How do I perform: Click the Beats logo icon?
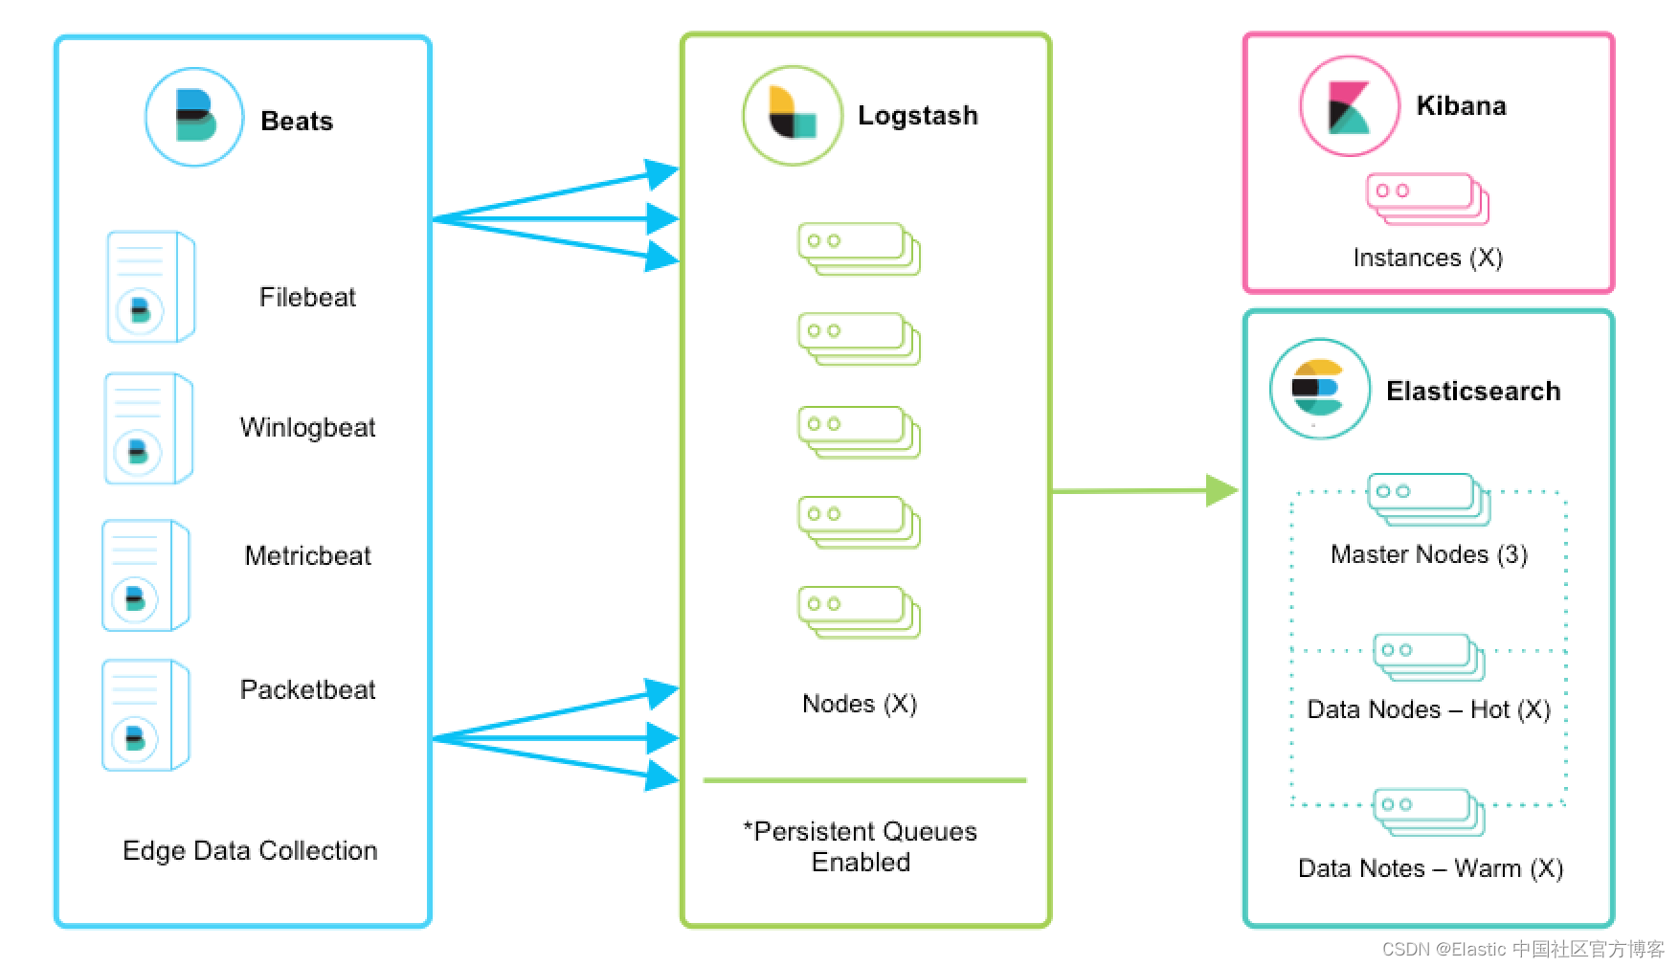click(194, 117)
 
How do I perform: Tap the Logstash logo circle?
click(793, 115)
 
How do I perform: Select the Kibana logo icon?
click(1349, 105)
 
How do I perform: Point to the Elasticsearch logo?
click(1319, 389)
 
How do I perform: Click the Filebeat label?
click(307, 297)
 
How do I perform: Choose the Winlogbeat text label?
click(307, 427)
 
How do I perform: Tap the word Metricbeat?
click(307, 555)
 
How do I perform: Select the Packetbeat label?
click(307, 689)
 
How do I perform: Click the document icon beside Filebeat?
click(150, 286)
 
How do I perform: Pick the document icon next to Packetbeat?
click(146, 714)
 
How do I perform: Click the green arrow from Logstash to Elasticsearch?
click(1144, 490)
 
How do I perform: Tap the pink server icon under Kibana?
click(1427, 198)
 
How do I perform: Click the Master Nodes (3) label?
click(1428, 554)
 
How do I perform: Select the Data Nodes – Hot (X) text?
click(1428, 709)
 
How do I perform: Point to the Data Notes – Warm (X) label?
click(1430, 868)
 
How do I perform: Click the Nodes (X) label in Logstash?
click(860, 704)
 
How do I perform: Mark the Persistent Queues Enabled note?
click(861, 846)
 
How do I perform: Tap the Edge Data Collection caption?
click(250, 850)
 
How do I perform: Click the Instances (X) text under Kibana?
click(1427, 258)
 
